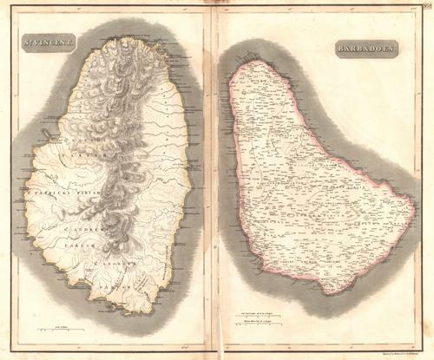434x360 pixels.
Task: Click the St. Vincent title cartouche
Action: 46,39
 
